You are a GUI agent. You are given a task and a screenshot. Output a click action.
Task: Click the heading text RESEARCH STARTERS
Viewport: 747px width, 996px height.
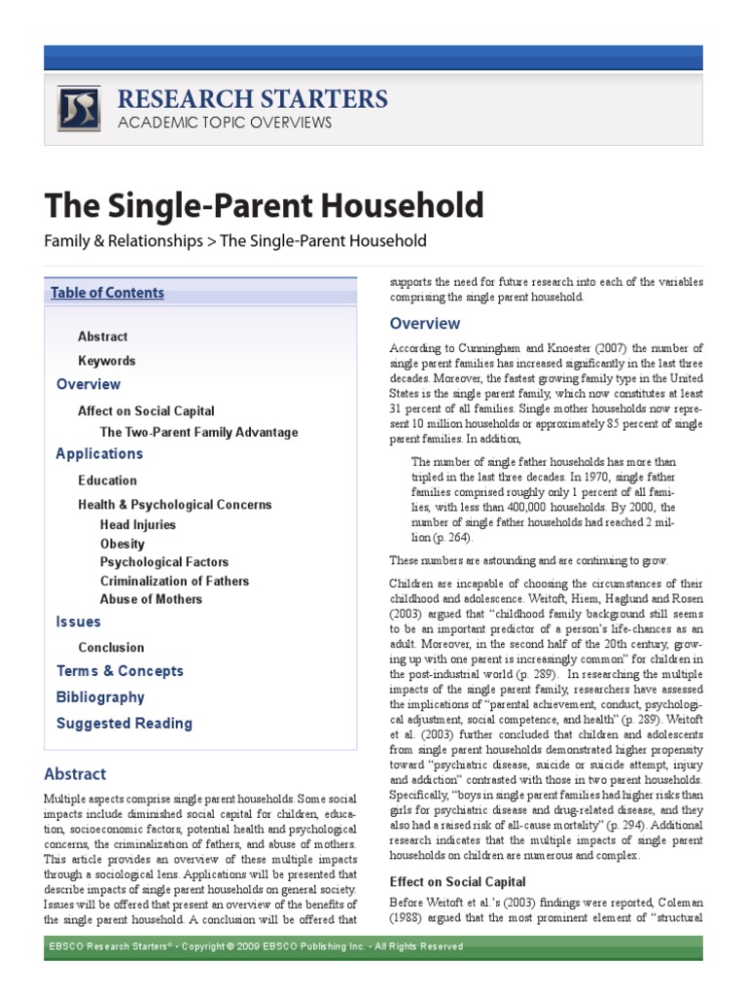point(252,98)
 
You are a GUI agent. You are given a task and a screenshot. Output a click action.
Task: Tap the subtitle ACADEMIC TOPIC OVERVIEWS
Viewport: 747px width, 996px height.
point(224,123)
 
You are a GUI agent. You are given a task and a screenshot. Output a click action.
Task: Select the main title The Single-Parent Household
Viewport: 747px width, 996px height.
point(264,205)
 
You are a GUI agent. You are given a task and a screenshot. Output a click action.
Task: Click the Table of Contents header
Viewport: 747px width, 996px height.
point(107,293)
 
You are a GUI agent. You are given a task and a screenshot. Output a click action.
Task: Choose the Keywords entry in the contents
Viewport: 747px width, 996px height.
point(107,361)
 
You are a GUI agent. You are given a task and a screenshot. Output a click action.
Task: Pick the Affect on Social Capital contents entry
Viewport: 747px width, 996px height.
point(146,411)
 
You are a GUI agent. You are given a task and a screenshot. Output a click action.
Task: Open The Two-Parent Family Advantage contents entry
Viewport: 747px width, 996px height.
point(198,432)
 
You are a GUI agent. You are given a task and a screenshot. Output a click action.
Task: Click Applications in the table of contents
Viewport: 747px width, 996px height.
point(99,454)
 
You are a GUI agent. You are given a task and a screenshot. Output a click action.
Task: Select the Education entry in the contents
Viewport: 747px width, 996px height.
point(107,480)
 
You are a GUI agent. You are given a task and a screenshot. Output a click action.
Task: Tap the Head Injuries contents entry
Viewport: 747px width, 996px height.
point(138,524)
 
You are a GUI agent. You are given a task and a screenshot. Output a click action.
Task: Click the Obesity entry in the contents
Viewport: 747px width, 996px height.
point(122,544)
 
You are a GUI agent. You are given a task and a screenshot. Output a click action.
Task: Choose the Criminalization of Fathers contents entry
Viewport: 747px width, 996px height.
point(174,581)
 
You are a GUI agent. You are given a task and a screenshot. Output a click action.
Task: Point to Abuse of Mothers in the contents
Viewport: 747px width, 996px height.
point(153,599)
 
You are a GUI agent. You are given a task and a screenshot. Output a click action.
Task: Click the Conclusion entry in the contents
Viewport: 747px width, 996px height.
point(111,648)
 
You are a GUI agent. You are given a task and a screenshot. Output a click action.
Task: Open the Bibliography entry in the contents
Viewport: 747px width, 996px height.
point(100,697)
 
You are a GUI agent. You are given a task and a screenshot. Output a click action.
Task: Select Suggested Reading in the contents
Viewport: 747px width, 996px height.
point(124,724)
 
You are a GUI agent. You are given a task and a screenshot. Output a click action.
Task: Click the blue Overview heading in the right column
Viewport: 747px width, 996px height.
point(425,324)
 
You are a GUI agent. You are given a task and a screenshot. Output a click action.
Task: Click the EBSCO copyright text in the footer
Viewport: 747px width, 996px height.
point(257,946)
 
